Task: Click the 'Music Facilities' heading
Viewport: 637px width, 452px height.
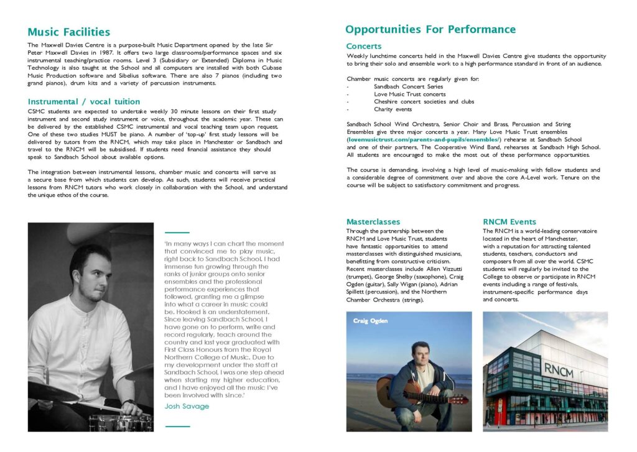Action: [69, 32]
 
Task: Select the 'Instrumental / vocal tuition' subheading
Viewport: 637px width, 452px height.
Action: [84, 101]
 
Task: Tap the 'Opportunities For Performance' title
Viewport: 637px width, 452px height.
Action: [430, 29]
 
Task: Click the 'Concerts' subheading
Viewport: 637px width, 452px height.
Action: [364, 46]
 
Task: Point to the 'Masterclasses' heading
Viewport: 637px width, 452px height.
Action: [373, 221]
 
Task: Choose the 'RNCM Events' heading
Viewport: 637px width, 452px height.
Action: [509, 221]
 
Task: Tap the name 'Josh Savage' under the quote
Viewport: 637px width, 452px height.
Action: [187, 406]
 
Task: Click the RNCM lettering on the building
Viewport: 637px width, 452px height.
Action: [558, 369]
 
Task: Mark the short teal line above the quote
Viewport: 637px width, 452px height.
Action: [177, 232]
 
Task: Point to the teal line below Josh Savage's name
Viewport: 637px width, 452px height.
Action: [177, 426]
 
